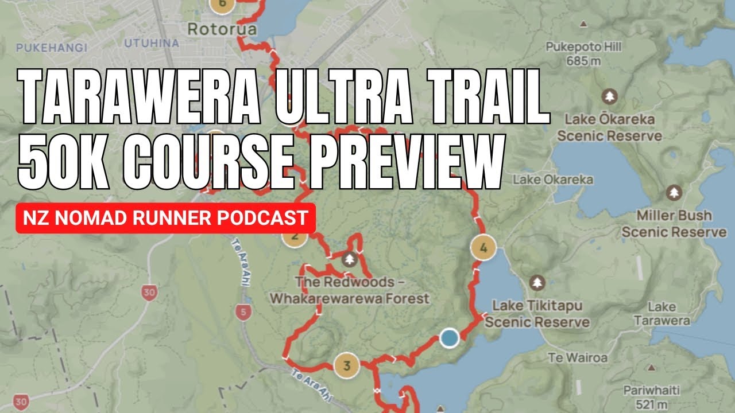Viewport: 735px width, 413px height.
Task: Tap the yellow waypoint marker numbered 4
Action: pos(483,248)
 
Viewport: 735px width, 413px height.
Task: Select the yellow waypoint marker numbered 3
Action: pos(346,365)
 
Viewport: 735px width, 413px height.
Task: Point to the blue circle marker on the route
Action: pos(449,338)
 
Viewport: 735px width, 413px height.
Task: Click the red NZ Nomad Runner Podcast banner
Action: pos(165,218)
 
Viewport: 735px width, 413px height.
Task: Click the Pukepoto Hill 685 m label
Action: pos(583,53)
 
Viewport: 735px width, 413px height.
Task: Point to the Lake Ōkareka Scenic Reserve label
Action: pos(609,127)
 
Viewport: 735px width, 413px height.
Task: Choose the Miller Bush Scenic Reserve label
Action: pos(674,224)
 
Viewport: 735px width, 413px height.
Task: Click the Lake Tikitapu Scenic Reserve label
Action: pos(537,313)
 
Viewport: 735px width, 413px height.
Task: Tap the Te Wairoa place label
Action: pos(578,358)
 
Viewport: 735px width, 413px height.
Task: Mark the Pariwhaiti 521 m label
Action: pos(651,398)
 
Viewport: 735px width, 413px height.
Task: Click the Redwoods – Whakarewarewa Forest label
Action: pos(349,290)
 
